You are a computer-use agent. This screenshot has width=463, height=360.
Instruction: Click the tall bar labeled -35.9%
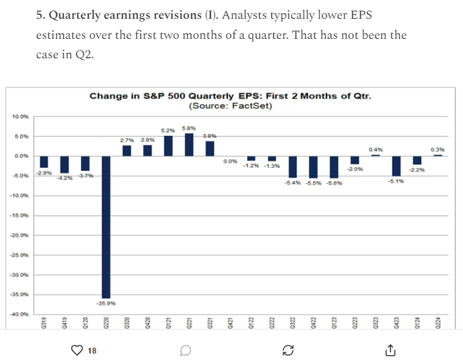click(106, 227)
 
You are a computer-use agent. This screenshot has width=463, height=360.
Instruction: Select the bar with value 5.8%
click(189, 144)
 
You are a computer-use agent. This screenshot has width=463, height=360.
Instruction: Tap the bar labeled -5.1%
click(396, 166)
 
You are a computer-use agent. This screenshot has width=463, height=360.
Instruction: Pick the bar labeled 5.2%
click(168, 146)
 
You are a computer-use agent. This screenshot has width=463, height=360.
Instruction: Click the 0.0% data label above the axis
click(230, 161)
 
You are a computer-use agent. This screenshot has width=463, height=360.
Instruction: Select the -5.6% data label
click(334, 183)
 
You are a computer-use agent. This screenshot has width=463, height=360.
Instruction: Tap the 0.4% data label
click(376, 150)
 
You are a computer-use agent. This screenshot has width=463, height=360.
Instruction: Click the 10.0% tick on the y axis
click(21, 117)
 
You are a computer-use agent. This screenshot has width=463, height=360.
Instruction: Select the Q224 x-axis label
click(438, 325)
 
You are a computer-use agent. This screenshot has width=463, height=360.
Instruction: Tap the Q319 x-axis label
click(45, 325)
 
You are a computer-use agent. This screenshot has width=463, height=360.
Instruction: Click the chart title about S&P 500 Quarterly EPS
click(230, 96)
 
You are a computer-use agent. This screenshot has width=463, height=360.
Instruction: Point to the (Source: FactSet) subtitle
click(230, 106)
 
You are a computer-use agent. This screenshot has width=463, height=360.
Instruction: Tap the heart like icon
click(77, 350)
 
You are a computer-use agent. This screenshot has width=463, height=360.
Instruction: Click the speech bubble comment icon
click(185, 350)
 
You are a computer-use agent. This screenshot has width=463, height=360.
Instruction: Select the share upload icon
click(390, 350)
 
